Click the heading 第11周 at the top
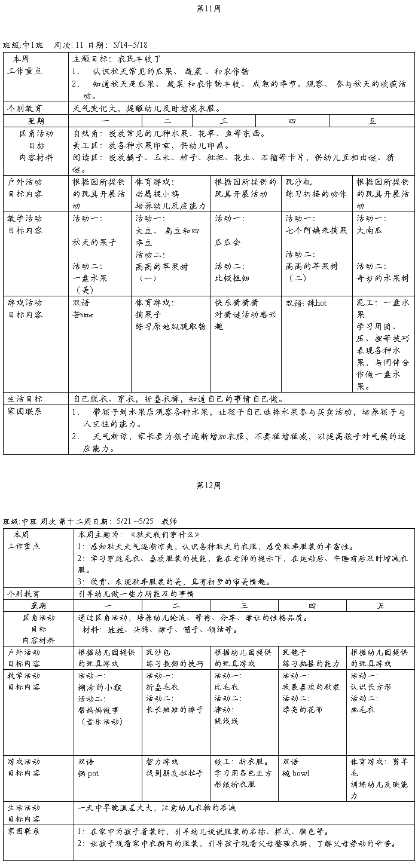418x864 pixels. (x=208, y=8)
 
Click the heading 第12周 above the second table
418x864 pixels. (x=208, y=485)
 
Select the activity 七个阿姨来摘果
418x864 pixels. (x=316, y=230)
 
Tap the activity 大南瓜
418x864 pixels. (x=369, y=230)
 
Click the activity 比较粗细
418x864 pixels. (x=232, y=277)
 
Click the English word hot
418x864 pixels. (x=320, y=303)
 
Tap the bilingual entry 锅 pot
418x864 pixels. (x=88, y=773)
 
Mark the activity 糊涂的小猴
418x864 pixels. (x=100, y=687)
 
